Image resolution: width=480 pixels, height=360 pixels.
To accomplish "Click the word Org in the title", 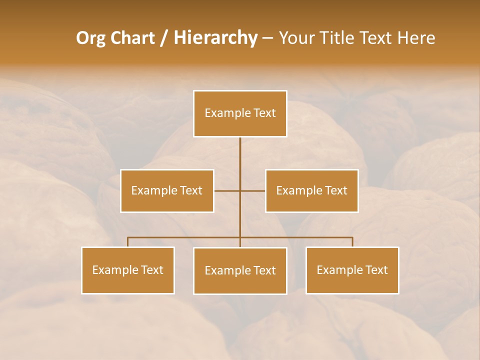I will pos(90,38).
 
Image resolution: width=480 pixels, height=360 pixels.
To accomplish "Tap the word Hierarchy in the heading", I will pos(215,38).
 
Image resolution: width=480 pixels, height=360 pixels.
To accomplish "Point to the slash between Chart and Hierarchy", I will pos(164,38).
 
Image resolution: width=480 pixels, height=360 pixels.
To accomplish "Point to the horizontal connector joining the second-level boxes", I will pos(227,190).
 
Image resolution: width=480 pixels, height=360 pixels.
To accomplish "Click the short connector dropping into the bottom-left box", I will pos(128,242).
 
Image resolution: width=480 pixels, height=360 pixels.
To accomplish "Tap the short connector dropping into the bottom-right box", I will pos(352,242).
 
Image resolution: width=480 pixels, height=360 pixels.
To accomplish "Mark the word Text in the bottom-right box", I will pos(376,270).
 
